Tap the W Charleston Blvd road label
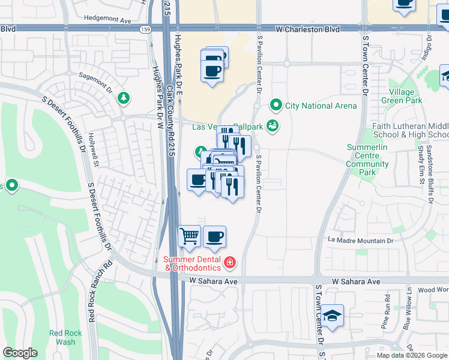307,29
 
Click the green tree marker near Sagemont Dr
124,97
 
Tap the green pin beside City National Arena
276,106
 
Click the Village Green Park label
401,97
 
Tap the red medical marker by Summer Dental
229,262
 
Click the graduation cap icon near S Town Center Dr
332,314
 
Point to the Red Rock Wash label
62,337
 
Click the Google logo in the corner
20,353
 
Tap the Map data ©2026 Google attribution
412,355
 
